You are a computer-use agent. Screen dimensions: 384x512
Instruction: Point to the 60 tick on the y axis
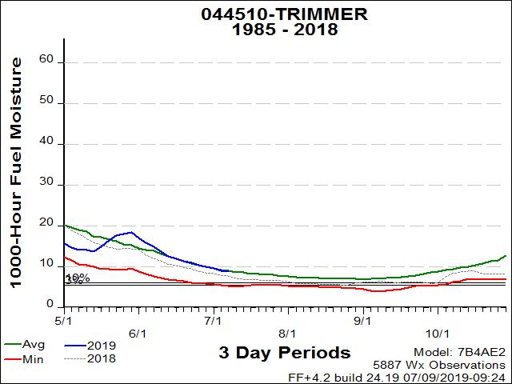pyautogui.click(x=46, y=60)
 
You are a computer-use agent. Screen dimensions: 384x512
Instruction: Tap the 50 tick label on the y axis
pyautogui.click(x=46, y=102)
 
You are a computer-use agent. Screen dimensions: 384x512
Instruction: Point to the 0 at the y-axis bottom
pyautogui.click(x=50, y=306)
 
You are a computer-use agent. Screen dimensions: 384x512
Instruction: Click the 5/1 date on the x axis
pyautogui.click(x=64, y=321)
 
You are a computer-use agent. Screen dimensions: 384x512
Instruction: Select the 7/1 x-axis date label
pyautogui.click(x=213, y=321)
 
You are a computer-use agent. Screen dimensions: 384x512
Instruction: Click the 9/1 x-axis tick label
pyautogui.click(x=362, y=321)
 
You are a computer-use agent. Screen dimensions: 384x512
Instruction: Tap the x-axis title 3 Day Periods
pyautogui.click(x=284, y=353)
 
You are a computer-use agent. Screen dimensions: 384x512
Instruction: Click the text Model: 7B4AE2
pyautogui.click(x=459, y=352)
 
